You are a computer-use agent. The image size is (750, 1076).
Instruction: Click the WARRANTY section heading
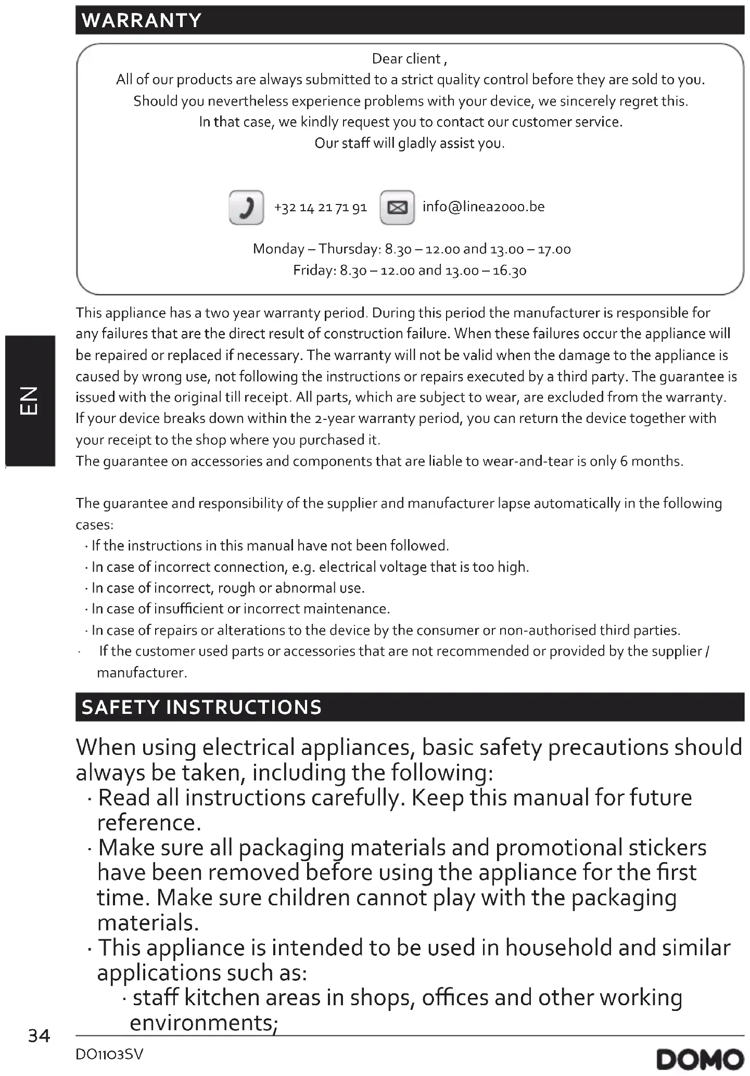pyautogui.click(x=142, y=20)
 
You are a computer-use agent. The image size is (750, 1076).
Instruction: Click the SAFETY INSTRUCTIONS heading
pyautogui.click(x=201, y=707)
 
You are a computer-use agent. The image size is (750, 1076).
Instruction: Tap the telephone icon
pyautogui.click(x=246, y=208)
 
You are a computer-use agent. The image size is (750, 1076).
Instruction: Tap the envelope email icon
pyautogui.click(x=397, y=208)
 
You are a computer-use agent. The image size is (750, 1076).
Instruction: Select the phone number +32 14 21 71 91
pyautogui.click(x=321, y=208)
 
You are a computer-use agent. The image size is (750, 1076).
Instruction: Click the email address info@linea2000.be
pyautogui.click(x=484, y=207)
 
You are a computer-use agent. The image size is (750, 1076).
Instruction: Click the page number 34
pyautogui.click(x=39, y=1036)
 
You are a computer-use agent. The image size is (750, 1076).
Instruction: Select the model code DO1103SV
pyautogui.click(x=109, y=1055)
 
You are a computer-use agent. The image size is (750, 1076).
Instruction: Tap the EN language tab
pyautogui.click(x=30, y=400)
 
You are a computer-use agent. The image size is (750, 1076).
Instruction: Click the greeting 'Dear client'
pyautogui.click(x=409, y=59)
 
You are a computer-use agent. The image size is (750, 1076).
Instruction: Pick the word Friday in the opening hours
pyautogui.click(x=314, y=271)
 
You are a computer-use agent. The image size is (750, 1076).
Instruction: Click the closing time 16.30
pyautogui.click(x=510, y=271)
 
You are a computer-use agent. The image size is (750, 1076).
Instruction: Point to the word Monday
pyautogui.click(x=278, y=249)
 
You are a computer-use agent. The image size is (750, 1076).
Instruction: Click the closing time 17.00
pyautogui.click(x=554, y=249)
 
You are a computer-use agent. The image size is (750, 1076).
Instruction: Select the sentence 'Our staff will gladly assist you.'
pyautogui.click(x=410, y=143)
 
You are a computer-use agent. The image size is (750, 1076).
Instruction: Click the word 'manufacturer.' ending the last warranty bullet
pyautogui.click(x=142, y=673)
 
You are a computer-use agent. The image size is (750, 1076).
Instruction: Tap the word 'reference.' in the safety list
pyautogui.click(x=149, y=823)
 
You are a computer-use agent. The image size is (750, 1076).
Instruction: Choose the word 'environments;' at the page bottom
pyautogui.click(x=204, y=1022)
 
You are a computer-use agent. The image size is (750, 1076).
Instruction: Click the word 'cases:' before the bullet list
pyautogui.click(x=94, y=524)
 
